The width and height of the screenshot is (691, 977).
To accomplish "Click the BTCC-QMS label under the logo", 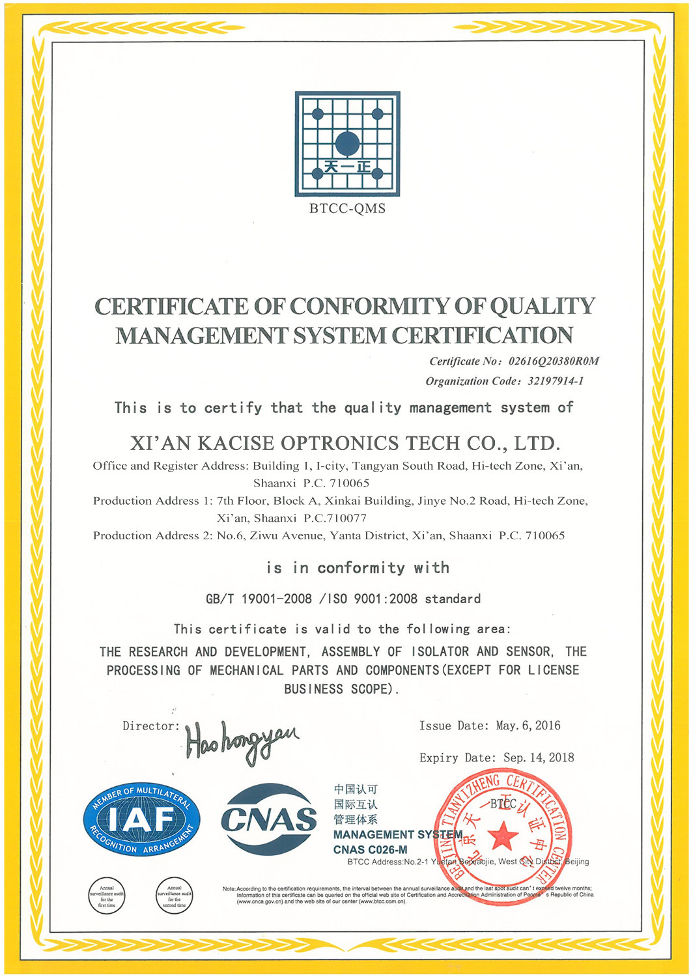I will click(x=347, y=209).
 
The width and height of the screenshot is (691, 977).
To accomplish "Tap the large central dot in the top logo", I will click(x=347, y=143).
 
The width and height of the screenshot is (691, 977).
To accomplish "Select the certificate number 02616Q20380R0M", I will click(x=554, y=361).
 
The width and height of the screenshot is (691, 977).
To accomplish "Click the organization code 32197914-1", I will click(x=556, y=381).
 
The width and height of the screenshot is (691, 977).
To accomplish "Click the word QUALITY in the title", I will click(x=543, y=306).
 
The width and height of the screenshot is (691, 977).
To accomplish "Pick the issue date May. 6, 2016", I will click(x=528, y=726).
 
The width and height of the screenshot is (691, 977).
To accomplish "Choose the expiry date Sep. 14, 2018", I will click(x=539, y=758).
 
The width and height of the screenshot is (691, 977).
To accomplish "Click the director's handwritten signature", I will click(x=241, y=741).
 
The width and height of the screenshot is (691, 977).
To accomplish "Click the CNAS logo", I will click(x=268, y=819).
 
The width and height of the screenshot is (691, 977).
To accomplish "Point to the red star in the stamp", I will click(x=502, y=836).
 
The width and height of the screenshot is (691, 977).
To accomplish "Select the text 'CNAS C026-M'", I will click(x=370, y=849).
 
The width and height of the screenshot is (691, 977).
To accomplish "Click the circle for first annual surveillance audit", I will click(x=106, y=896).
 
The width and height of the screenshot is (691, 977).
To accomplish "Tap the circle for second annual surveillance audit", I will click(x=174, y=896).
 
